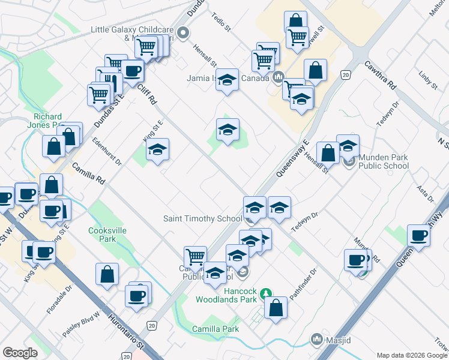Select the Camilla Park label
point(215,329)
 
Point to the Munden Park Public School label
point(384,161)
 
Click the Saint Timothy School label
point(203,218)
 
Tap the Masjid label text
point(336,340)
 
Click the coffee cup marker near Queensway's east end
point(418,235)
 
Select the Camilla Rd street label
point(88,173)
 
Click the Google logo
point(20,353)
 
